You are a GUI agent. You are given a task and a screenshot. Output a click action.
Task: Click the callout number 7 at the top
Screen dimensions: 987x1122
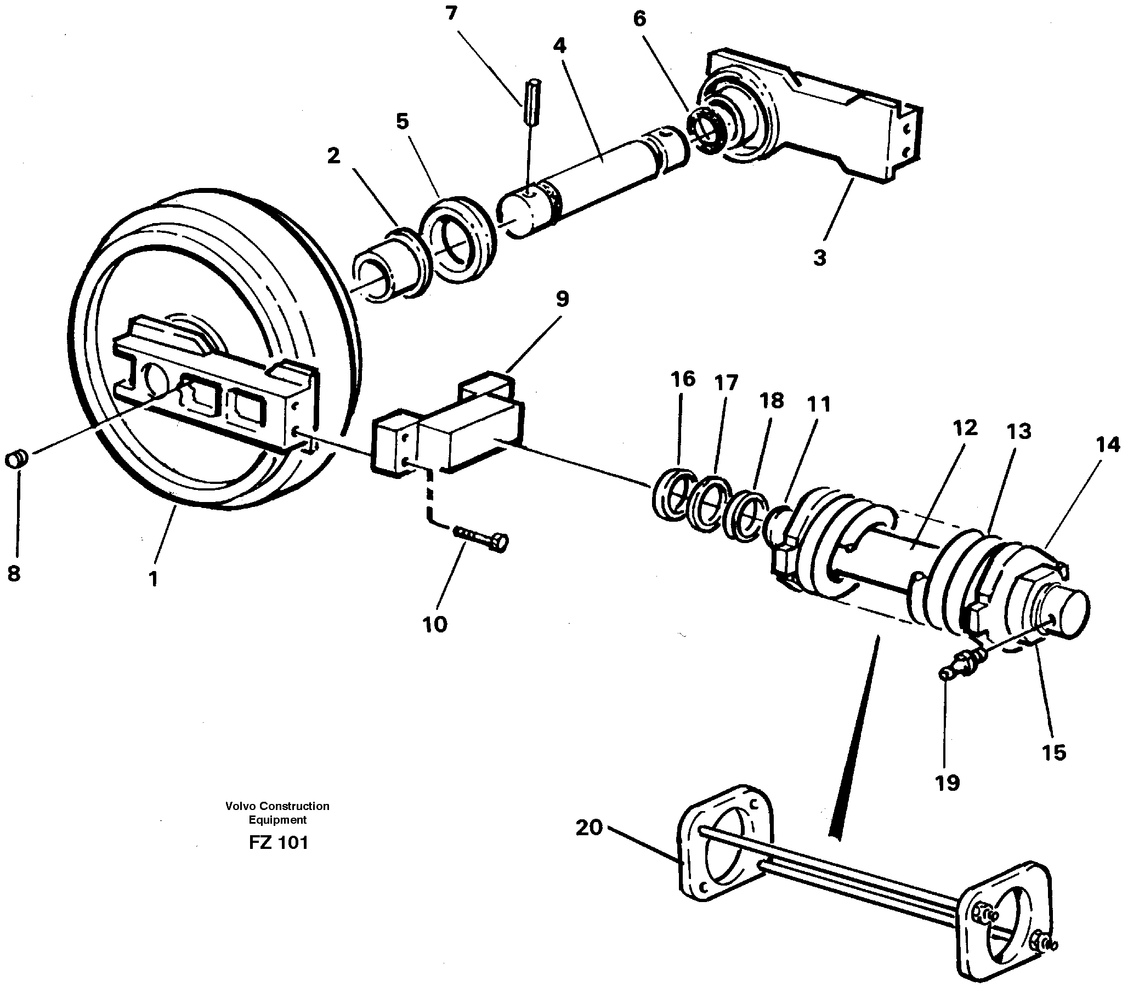point(451,14)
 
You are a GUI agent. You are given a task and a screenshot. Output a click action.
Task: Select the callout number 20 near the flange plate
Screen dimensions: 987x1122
point(589,828)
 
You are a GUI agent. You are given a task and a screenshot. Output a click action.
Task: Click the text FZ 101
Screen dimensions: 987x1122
point(278,842)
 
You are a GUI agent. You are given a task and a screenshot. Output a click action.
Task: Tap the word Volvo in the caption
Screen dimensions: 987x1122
point(240,806)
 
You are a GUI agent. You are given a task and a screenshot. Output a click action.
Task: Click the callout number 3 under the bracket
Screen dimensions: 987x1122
point(819,258)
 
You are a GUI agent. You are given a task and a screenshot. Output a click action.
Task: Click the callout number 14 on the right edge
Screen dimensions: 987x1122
point(1108,445)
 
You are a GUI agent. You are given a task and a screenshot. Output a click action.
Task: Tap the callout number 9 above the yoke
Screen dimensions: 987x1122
point(562,299)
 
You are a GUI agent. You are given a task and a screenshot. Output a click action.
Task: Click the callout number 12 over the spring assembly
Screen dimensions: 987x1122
point(965,428)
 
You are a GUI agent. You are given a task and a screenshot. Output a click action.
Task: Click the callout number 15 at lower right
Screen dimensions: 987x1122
point(1053,753)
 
